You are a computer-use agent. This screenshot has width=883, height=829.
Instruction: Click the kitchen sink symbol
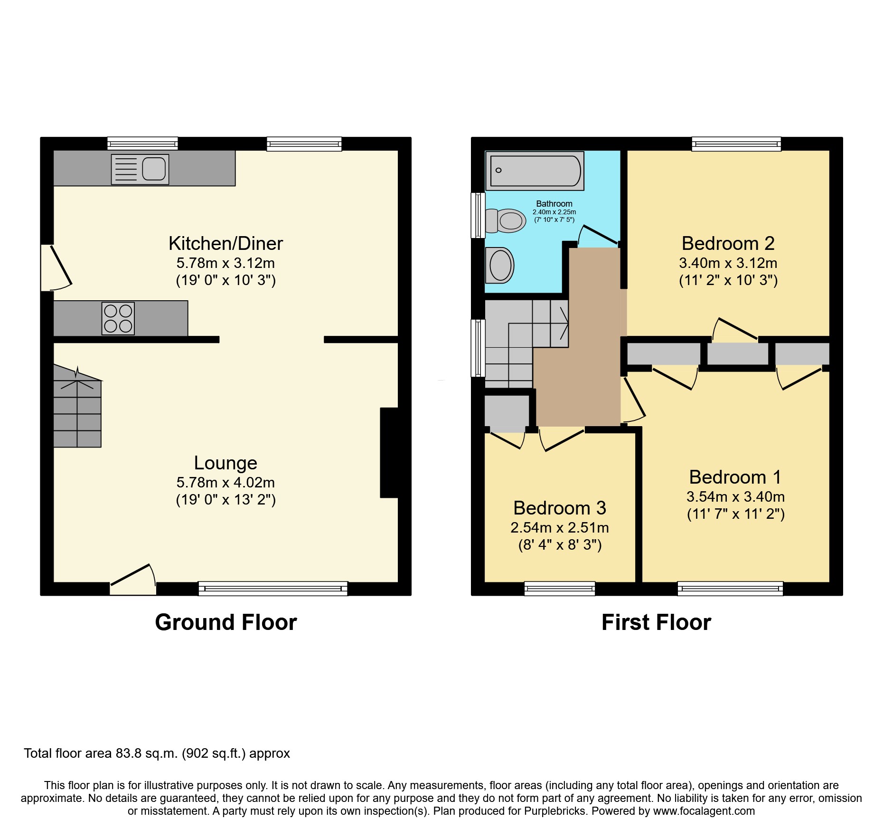140,169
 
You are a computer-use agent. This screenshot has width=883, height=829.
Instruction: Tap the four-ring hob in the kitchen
118,318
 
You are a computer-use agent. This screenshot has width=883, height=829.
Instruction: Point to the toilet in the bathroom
506,221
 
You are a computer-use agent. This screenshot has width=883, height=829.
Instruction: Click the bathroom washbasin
500,265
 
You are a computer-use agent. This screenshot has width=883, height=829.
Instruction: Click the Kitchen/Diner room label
225,244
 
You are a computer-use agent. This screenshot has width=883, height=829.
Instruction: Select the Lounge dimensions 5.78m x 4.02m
225,483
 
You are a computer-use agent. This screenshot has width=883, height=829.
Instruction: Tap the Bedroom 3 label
559,508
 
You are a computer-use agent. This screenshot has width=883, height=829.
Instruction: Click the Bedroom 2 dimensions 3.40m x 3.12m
728,263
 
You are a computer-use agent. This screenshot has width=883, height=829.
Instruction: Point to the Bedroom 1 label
735,477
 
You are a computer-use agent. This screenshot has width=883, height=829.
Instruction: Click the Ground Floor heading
225,622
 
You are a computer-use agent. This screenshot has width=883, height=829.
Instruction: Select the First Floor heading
656,622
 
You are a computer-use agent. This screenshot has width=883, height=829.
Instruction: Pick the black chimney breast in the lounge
389,453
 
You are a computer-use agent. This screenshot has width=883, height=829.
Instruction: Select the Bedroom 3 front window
559,588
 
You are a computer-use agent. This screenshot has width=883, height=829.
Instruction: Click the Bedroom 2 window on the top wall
736,143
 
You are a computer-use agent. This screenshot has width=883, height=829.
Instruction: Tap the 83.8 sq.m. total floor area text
147,753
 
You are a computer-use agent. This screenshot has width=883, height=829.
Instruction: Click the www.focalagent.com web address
704,811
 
